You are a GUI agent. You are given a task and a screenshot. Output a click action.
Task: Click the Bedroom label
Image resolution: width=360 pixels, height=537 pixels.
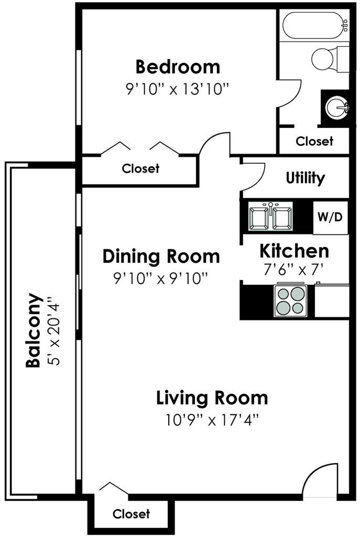coord(178,67)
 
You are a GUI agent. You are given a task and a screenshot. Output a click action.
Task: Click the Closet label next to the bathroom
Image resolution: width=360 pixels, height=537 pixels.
coord(314,141)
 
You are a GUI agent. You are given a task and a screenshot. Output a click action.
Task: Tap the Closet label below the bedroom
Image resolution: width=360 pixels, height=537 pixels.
coord(140,168)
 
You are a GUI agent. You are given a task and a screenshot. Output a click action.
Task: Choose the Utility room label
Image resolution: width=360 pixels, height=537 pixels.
coord(305,178)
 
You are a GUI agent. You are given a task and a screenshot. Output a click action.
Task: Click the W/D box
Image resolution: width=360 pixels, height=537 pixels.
coord(330,217)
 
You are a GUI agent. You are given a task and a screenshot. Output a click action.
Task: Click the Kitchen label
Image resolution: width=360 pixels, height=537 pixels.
coord(294,251)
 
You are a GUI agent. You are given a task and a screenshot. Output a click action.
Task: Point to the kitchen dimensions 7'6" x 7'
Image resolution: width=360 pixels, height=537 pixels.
coord(293,270)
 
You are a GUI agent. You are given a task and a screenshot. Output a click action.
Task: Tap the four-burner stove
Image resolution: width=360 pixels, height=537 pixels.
coord(290,300)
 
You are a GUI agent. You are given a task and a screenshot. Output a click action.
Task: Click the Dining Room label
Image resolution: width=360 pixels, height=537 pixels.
coord(161,256)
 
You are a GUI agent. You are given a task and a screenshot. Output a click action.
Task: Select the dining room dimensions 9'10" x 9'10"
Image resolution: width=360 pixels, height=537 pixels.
coord(161,278)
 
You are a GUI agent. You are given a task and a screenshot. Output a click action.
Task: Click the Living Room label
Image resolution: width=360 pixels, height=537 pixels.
coord(212,399)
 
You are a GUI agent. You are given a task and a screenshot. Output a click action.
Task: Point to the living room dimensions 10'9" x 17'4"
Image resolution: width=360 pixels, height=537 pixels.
coord(212,420)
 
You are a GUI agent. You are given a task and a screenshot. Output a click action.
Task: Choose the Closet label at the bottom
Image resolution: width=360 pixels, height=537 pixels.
coord(132,514)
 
